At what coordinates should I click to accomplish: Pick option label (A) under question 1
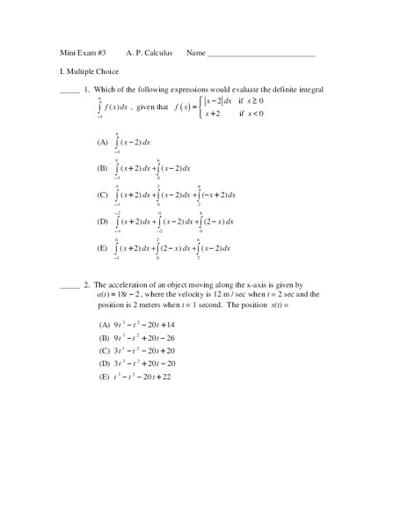(x=103, y=141)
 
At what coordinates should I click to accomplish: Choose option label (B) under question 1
(x=103, y=167)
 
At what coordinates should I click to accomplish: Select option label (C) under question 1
(x=103, y=194)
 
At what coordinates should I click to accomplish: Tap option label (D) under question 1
(x=103, y=222)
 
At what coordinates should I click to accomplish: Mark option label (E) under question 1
(x=103, y=249)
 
